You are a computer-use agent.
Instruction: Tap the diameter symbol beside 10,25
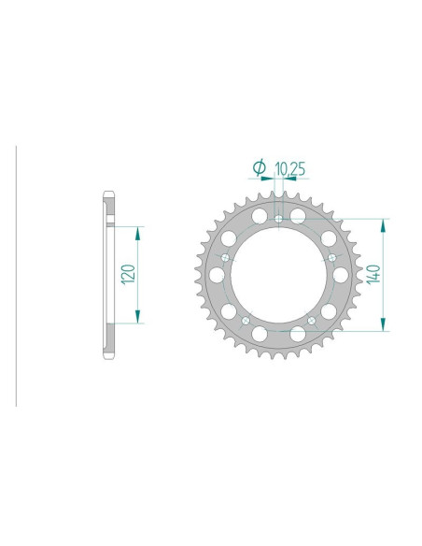coord(260,168)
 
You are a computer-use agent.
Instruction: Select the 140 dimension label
coord(373,274)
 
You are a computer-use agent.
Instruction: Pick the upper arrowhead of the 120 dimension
coord(138,230)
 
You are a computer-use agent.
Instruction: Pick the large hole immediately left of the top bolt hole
coord(260,218)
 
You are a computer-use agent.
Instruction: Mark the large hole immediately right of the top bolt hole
coord(298,218)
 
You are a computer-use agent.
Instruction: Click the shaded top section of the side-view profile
coord(108,210)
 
